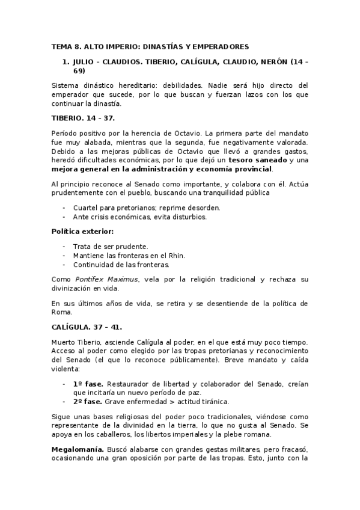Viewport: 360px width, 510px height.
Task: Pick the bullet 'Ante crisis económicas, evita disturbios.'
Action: pyautogui.click(x=139, y=217)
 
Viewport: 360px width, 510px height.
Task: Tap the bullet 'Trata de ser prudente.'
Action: pyautogui.click(x=111, y=246)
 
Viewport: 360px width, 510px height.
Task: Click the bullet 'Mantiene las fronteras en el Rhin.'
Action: pyautogui.click(x=129, y=255)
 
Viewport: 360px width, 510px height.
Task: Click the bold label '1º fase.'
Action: pyautogui.click(x=87, y=383)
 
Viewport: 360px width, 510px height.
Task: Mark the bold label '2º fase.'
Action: pyautogui.click(x=87, y=401)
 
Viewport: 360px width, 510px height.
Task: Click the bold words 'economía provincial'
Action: pyautogui.click(x=233, y=170)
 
